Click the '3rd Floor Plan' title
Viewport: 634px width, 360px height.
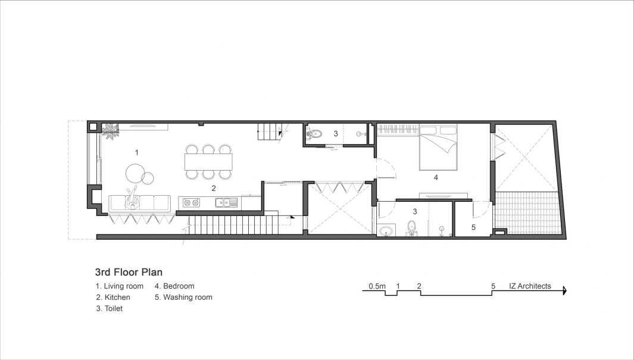tap(129, 272)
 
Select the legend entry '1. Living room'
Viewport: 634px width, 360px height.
tap(119, 286)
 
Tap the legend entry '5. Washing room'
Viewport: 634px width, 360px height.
tap(183, 298)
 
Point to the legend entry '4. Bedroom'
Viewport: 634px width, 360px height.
tap(174, 286)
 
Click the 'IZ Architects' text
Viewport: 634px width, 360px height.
tap(530, 286)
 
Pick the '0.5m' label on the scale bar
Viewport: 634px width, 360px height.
tap(377, 286)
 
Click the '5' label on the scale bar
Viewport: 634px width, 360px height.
tap(493, 286)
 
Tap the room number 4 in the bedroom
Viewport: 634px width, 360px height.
tap(436, 177)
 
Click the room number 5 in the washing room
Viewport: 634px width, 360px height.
tap(473, 227)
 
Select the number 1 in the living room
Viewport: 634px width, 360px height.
tap(137, 152)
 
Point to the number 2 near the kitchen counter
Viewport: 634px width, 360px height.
tap(214, 188)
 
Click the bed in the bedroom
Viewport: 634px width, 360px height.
tap(438, 148)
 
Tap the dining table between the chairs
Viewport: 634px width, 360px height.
tap(208, 162)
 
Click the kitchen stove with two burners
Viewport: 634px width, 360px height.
tap(190, 202)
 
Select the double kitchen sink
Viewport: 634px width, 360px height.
tap(226, 202)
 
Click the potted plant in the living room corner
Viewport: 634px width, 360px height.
tap(110, 131)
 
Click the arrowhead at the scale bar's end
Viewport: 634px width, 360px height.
tap(564, 290)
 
